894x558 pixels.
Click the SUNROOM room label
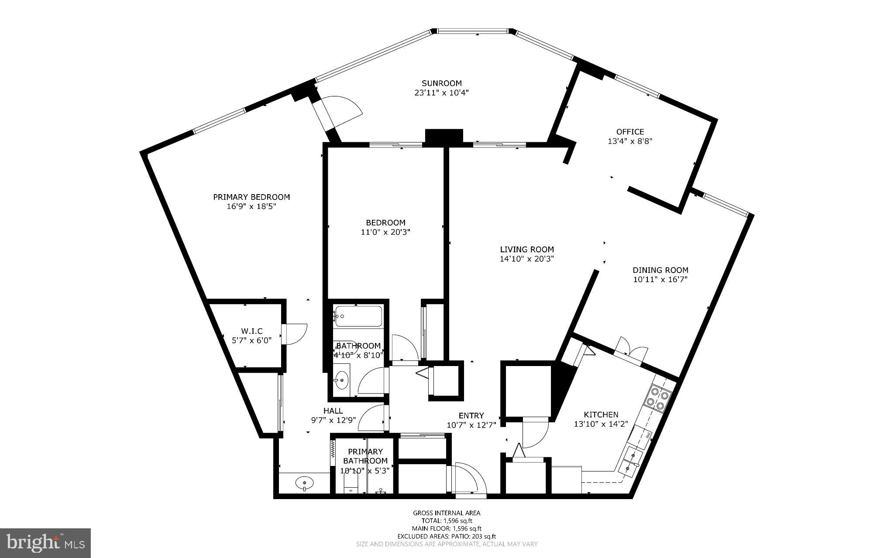pyautogui.click(x=441, y=83)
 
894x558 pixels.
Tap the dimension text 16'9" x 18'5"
pyautogui.click(x=251, y=206)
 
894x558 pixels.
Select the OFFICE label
pyautogui.click(x=630, y=131)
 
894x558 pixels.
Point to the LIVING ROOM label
pyautogui.click(x=527, y=249)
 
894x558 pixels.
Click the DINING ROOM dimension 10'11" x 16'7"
pyautogui.click(x=660, y=280)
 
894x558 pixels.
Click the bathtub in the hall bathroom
pyautogui.click(x=358, y=316)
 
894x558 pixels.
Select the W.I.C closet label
pyautogui.click(x=251, y=331)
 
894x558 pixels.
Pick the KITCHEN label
pyautogui.click(x=601, y=414)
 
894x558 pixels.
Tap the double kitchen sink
pyautogui.click(x=630, y=462)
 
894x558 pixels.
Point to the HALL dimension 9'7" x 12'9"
pyautogui.click(x=333, y=420)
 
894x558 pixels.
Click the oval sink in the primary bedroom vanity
pyautogui.click(x=304, y=483)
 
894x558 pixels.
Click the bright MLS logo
pyautogui.click(x=45, y=543)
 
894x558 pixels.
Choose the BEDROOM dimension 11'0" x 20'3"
pyautogui.click(x=385, y=232)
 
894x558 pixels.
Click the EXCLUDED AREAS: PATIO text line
pyautogui.click(x=447, y=536)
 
